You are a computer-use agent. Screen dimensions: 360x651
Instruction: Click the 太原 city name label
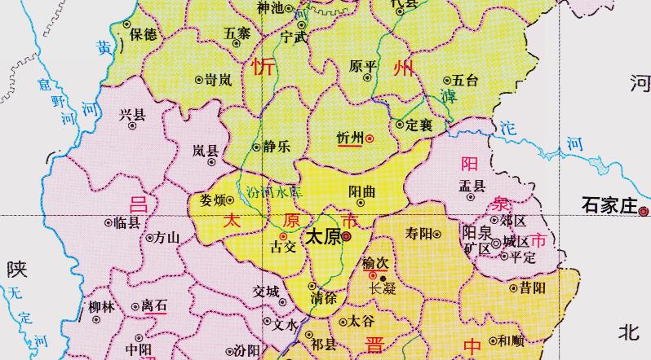321,237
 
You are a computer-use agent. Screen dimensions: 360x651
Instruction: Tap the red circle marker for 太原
346,237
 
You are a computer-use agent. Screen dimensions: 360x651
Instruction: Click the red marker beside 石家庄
644,210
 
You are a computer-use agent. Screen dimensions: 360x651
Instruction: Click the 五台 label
465,80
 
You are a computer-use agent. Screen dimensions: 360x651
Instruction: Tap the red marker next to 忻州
369,139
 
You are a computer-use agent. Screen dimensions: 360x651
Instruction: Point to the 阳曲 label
362,190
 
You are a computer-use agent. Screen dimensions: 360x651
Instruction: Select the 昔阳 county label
534,287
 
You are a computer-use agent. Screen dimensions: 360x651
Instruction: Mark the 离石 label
154,305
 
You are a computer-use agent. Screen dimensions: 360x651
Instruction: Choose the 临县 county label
127,222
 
